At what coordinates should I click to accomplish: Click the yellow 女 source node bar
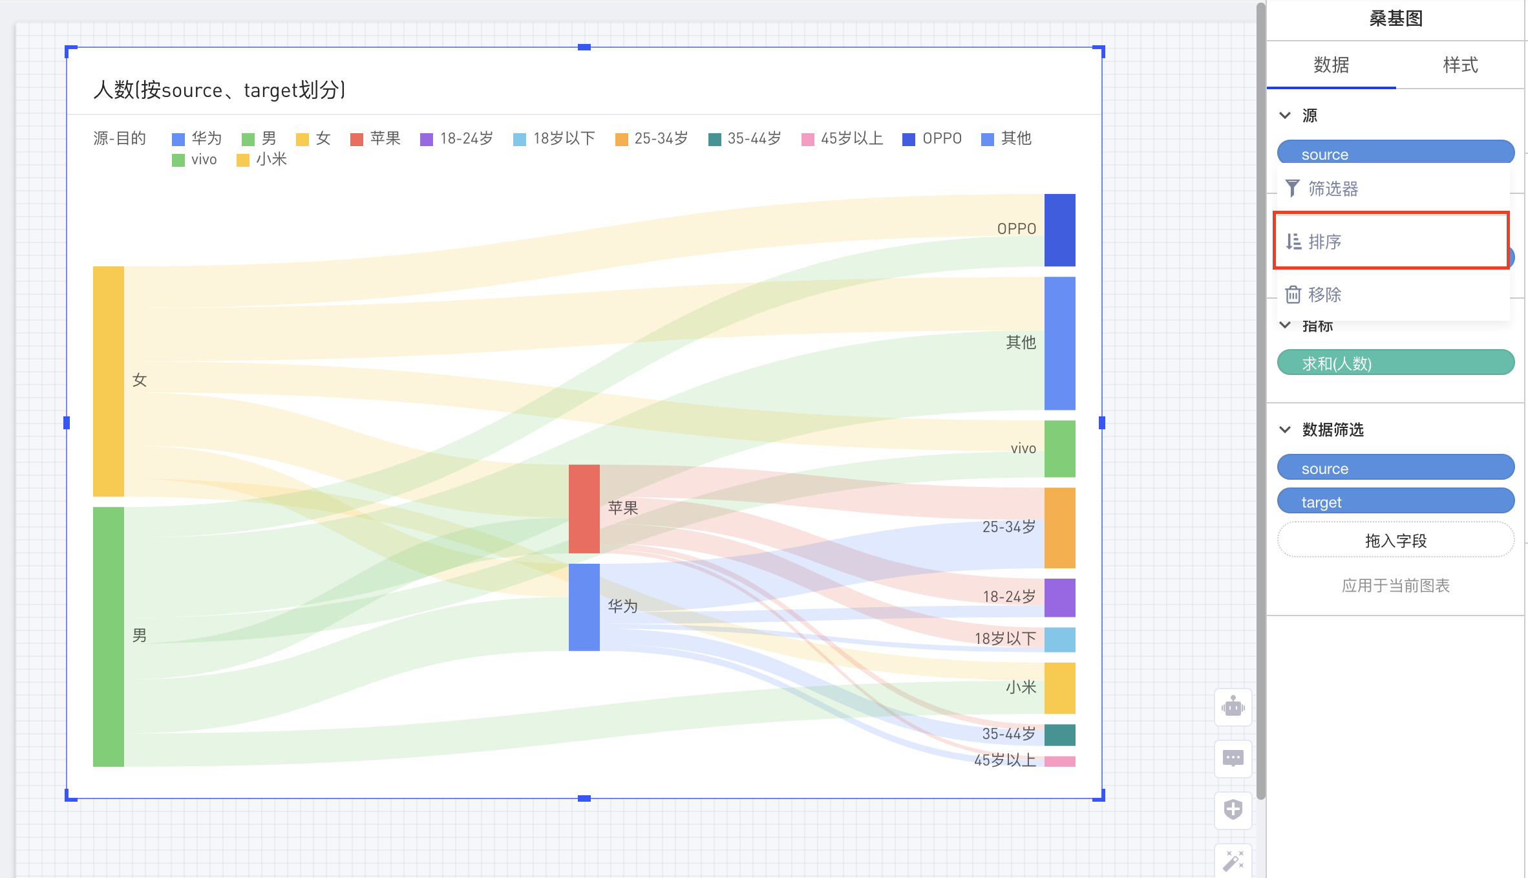click(x=108, y=381)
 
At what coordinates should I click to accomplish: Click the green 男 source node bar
click(x=108, y=636)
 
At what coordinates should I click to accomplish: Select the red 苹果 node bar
click(x=584, y=509)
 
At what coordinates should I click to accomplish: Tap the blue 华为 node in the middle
click(x=584, y=607)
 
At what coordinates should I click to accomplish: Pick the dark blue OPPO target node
click(x=1059, y=230)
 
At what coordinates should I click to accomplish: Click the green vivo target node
click(x=1059, y=449)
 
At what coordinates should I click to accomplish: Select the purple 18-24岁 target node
click(x=1059, y=597)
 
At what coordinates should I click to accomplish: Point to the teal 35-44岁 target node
click(x=1059, y=734)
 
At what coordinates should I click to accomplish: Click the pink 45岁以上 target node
click(x=1059, y=761)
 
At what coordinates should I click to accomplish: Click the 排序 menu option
click(x=1390, y=241)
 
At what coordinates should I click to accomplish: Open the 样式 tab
click(x=1460, y=65)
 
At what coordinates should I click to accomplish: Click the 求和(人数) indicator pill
click(x=1395, y=363)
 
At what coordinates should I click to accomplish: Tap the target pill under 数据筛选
click(x=1395, y=502)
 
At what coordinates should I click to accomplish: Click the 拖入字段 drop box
click(x=1395, y=540)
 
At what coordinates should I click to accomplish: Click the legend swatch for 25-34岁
click(x=622, y=140)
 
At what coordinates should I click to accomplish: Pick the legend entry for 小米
click(x=262, y=160)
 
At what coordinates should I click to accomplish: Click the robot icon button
click(x=1233, y=707)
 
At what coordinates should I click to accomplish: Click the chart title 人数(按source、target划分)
click(x=220, y=90)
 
